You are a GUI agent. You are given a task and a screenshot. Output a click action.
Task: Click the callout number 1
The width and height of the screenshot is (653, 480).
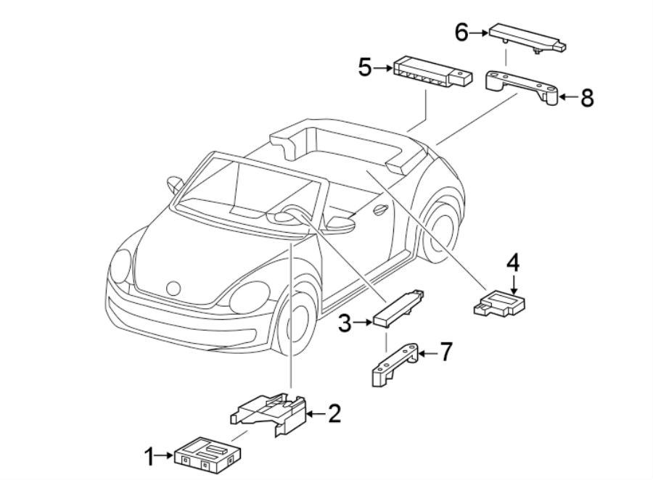pos(149,457)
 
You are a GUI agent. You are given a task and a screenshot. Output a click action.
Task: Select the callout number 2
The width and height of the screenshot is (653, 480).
pos(334,414)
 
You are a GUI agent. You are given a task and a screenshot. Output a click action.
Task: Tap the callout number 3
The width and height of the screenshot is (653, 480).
pos(345,323)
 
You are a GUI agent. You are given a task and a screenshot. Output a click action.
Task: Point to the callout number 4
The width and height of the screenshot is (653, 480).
pos(513,263)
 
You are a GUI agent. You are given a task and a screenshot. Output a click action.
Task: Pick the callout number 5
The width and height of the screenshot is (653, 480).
pos(365,67)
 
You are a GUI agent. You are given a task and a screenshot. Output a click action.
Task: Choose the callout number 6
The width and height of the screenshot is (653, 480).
pos(461,32)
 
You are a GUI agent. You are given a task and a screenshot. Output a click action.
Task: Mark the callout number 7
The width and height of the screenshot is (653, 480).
pos(446,352)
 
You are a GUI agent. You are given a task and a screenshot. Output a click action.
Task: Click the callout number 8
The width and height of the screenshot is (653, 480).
pos(587,99)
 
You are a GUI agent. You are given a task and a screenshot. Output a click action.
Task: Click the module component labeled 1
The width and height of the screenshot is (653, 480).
pos(208,455)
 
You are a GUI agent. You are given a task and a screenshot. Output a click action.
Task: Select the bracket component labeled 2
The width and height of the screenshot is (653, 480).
pos(268,414)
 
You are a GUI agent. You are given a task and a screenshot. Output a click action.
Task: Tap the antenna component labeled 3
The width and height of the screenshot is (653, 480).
pos(399,308)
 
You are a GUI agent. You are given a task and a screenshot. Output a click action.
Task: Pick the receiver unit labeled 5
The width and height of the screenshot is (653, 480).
pos(432,72)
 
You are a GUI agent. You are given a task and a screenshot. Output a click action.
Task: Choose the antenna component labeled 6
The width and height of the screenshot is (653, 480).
pos(527,39)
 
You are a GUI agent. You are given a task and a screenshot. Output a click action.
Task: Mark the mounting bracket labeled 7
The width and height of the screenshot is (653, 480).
pos(395,365)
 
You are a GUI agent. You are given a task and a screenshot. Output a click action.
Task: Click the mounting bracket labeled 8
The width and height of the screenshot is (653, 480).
pos(522,88)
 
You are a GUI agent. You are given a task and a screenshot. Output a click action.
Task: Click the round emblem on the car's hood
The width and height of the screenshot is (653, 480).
pos(173,288)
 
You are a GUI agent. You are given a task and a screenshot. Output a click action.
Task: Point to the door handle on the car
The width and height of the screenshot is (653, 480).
pos(380,210)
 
